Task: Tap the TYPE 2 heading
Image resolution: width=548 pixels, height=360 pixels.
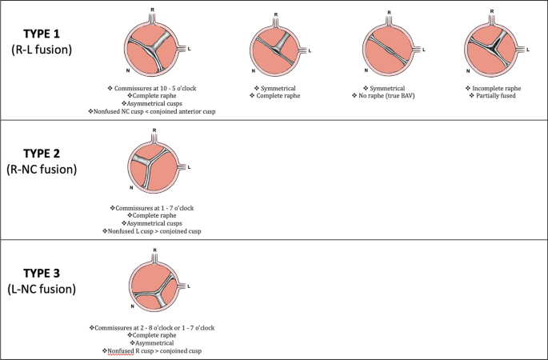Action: pyautogui.click(x=48, y=153)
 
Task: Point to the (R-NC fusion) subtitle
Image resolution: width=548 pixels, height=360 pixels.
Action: pyautogui.click(x=48, y=170)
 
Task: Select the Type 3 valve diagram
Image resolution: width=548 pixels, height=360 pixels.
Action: pyautogui.click(x=157, y=286)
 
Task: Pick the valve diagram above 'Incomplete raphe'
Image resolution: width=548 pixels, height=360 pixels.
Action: pyautogui.click(x=493, y=48)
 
